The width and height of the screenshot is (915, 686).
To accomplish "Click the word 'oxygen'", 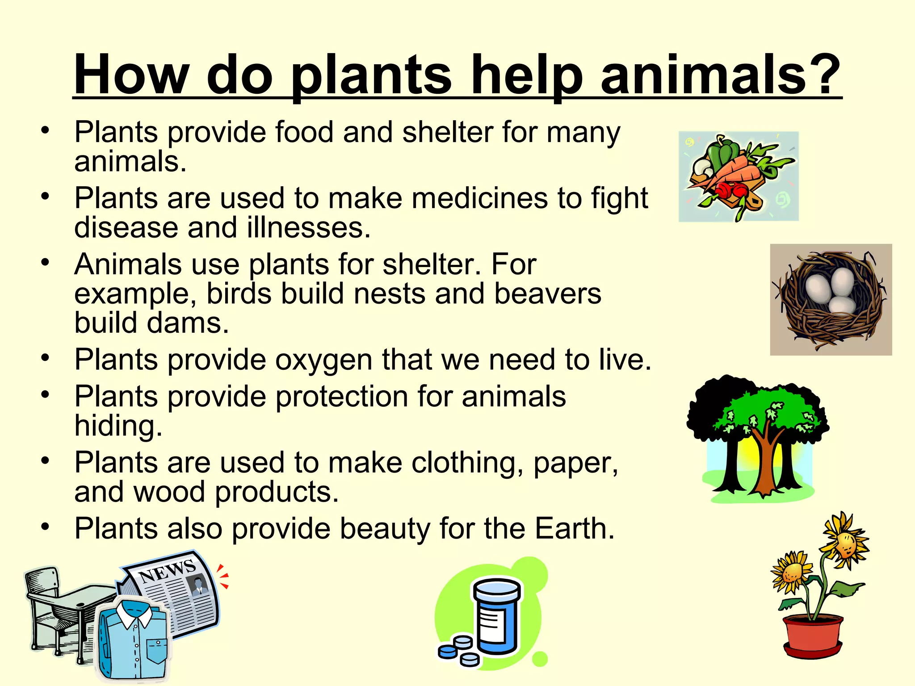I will coord(323,360).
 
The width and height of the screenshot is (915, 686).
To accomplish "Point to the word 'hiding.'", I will coord(118,426).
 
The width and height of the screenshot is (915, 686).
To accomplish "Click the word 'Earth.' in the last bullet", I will coord(575,528).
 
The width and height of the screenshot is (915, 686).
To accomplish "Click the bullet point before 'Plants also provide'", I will coord(45,527).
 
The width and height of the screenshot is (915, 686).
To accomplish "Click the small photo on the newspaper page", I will coord(197,585).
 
